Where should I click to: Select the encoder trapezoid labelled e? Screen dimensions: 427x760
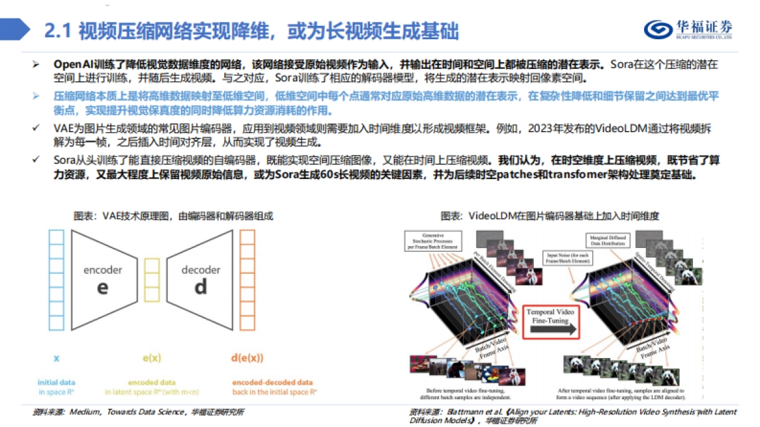coord(103,278)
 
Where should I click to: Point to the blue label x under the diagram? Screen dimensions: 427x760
coord(56,358)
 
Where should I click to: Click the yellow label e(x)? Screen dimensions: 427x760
coord(151,358)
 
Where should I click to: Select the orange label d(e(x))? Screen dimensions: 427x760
coord(246,358)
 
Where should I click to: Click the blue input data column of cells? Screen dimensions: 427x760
coord(56,279)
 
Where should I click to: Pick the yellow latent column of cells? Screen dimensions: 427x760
coord(151,279)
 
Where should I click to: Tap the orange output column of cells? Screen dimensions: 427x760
coord(247,279)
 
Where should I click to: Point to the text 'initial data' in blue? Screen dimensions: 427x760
coord(56,382)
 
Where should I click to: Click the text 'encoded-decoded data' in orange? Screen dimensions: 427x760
coord(272,382)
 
